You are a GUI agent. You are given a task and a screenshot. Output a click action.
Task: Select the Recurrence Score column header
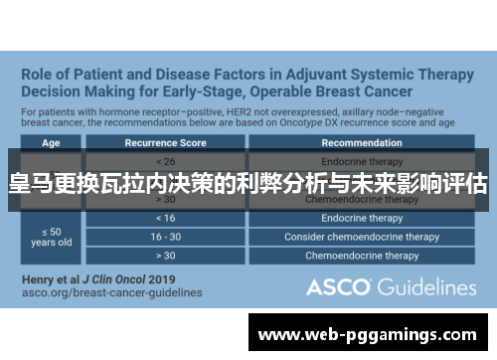click(x=166, y=142)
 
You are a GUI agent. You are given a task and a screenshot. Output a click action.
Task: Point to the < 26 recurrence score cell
click(x=166, y=159)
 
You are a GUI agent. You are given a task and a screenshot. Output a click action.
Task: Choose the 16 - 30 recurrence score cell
click(x=166, y=237)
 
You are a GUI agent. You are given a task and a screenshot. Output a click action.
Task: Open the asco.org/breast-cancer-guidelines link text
click(x=112, y=292)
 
